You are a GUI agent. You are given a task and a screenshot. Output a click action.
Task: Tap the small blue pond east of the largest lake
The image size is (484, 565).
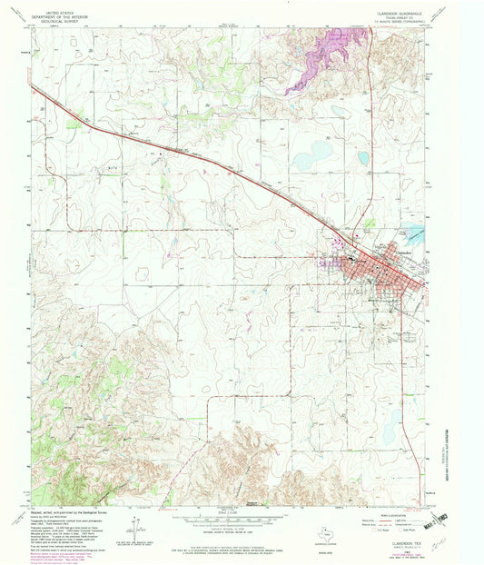pos(363,158)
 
